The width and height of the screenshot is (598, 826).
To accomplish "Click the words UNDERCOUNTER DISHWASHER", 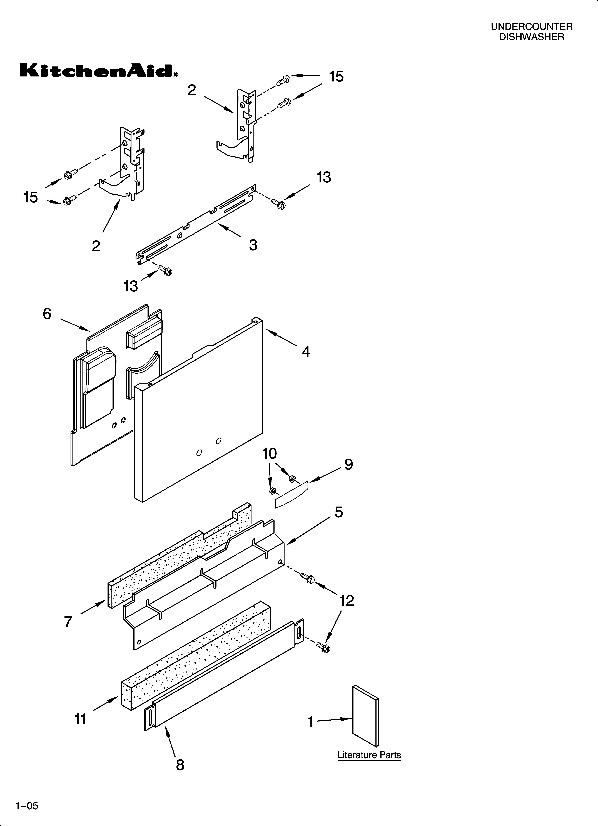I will pos(531,32).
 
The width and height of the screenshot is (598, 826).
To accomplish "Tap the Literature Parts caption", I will pos(369,755).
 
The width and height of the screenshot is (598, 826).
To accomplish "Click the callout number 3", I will pos(253,245).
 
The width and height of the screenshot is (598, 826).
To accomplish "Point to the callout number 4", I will pos(306,352).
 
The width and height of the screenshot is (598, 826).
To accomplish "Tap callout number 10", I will pos(270,454).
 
